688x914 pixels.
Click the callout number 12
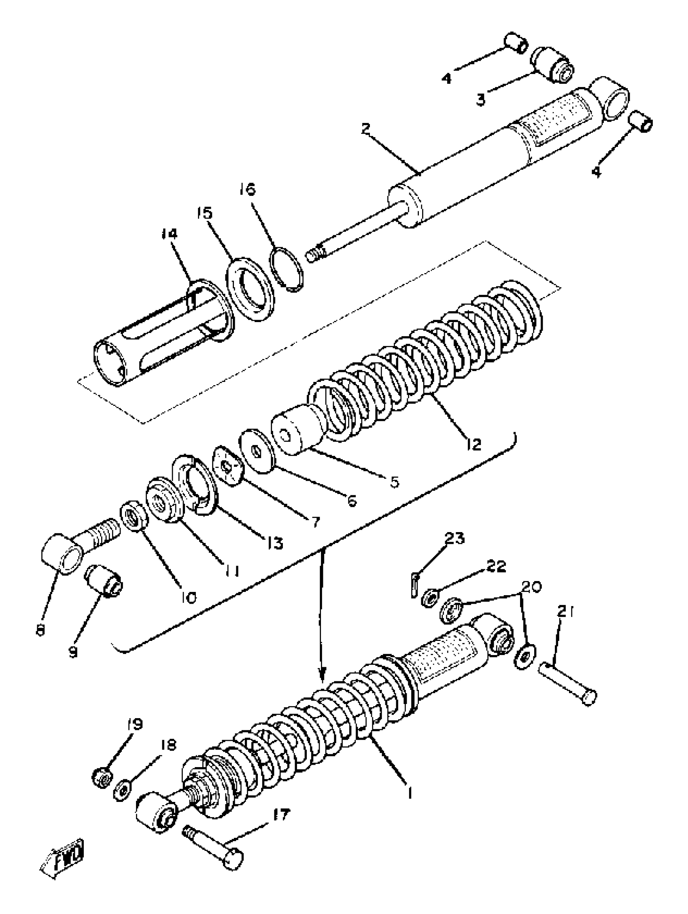pos(474,444)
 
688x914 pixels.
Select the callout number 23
pos(454,539)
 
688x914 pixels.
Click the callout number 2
pos(365,129)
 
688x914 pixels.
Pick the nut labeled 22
pos(430,598)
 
